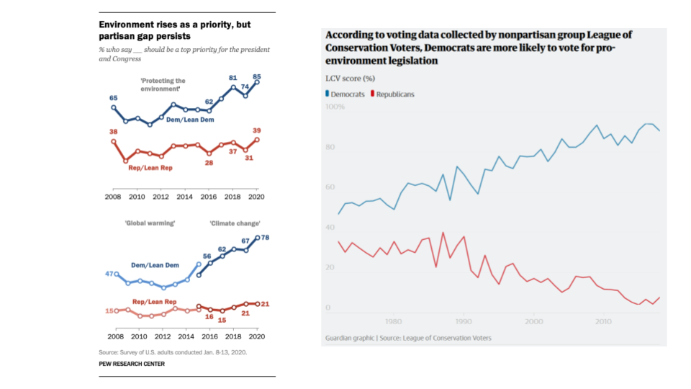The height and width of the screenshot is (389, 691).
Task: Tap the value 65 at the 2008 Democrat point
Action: coord(113,97)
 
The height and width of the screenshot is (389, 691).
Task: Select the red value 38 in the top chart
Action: coord(113,132)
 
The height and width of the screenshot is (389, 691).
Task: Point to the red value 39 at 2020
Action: coord(257,131)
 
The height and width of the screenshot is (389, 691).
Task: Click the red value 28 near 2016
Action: coord(209,163)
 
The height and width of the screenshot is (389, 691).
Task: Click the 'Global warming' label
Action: coord(150,223)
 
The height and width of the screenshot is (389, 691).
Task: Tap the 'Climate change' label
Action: coord(235,223)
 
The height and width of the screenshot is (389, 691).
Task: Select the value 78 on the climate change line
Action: coord(265,238)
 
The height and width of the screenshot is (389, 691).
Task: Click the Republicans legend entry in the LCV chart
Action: coord(392,94)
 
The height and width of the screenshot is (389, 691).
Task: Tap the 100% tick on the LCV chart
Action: coord(335,107)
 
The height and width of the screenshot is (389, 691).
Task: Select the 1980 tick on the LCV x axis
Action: coord(393,322)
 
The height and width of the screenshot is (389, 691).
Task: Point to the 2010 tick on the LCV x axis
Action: coord(603,322)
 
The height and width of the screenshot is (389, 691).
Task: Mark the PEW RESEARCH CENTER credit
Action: coord(132,364)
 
